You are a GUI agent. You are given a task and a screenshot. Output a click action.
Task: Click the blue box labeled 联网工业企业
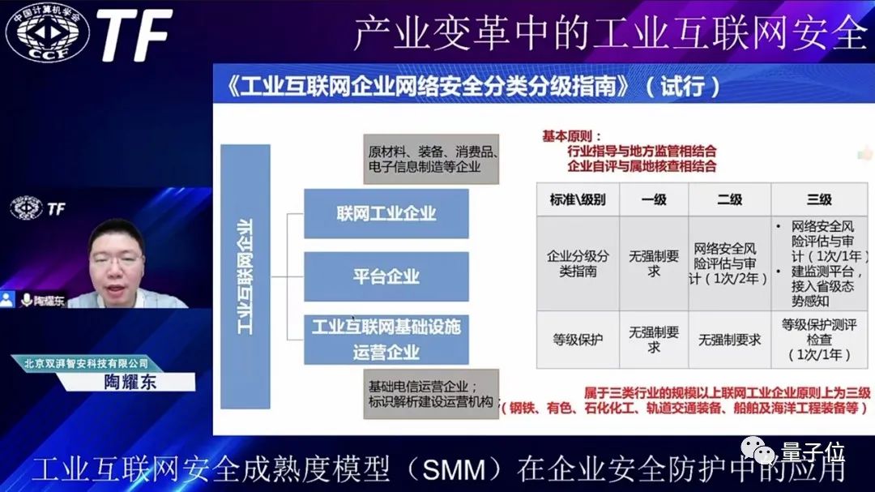click(x=386, y=214)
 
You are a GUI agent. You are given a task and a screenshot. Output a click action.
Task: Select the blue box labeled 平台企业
click(x=386, y=276)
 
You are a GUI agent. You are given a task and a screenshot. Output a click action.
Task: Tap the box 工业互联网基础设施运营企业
click(x=386, y=339)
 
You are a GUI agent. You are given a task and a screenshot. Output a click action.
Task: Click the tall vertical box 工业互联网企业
click(x=245, y=276)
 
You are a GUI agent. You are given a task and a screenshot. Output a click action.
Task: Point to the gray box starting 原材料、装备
click(x=431, y=159)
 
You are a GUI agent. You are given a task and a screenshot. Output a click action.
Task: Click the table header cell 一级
click(x=653, y=199)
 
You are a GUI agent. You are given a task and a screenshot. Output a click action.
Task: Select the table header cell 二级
click(x=728, y=199)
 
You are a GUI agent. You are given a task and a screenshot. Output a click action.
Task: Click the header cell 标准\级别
click(x=577, y=199)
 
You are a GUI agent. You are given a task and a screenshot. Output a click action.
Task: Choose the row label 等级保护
click(x=577, y=340)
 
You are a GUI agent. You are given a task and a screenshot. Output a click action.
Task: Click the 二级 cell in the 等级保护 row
click(x=728, y=340)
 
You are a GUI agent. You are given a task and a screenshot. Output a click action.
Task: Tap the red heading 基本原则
click(x=574, y=136)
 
